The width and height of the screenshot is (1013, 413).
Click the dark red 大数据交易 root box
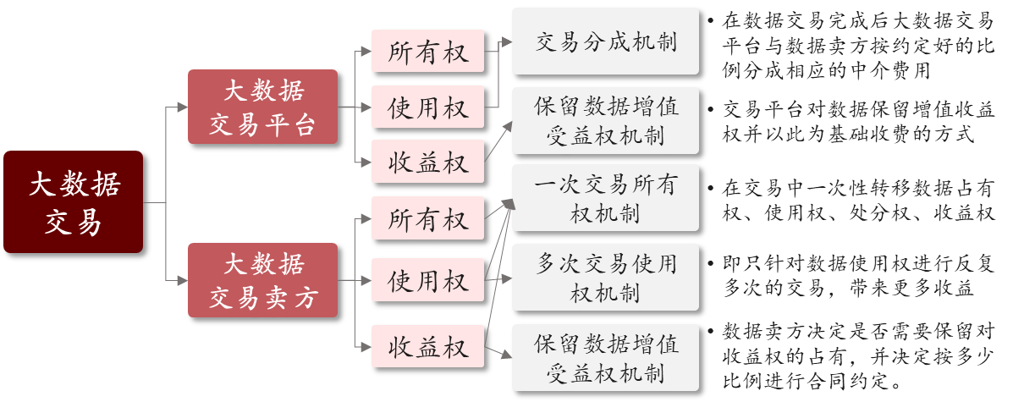(73, 202)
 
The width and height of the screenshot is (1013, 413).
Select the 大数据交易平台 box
(262, 107)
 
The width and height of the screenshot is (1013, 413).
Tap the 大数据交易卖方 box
(262, 280)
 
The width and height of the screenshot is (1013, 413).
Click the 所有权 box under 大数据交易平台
(427, 52)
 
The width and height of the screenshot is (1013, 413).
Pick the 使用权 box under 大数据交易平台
(427, 107)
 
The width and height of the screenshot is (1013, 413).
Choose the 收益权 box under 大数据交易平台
(427, 161)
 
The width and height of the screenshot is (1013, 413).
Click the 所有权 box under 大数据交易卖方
(427, 218)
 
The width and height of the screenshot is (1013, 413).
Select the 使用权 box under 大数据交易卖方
(427, 280)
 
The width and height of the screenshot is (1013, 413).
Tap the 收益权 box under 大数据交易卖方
(427, 346)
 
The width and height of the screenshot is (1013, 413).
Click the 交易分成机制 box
(605, 41)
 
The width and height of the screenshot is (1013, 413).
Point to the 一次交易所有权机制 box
(605, 197)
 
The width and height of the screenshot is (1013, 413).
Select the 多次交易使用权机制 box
(605, 277)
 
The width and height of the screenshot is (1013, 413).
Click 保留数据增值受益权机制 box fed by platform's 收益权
(605, 120)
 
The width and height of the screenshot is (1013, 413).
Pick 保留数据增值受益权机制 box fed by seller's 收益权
(605, 357)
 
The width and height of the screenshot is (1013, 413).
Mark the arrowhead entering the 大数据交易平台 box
(183, 107)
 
